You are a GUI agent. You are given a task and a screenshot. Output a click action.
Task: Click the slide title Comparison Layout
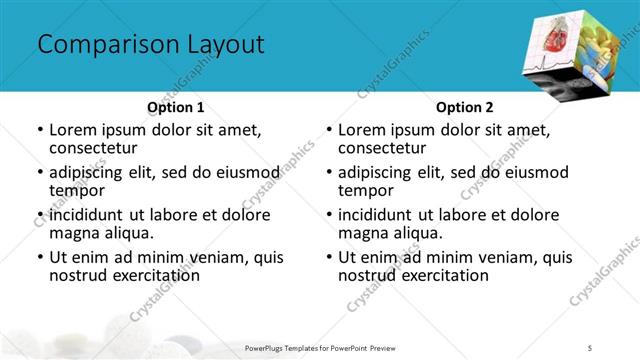[150, 45]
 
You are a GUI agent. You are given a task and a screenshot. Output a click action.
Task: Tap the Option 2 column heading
[463, 107]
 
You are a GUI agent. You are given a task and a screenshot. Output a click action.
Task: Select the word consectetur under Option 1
[97, 147]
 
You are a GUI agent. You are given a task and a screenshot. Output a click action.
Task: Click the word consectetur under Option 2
[386, 147]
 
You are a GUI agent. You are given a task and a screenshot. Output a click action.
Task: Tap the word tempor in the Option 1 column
[77, 190]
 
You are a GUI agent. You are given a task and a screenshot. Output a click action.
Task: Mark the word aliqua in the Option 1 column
[124, 233]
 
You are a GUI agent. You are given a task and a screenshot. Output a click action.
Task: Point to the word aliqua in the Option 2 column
[413, 233]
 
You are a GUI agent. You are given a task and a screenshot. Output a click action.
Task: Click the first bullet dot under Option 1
[39, 130]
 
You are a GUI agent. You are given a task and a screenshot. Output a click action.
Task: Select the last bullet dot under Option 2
[328, 258]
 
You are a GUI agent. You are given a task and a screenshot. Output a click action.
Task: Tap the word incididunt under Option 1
[91, 215]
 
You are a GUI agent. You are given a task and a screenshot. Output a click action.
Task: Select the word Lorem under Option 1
[73, 129]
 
